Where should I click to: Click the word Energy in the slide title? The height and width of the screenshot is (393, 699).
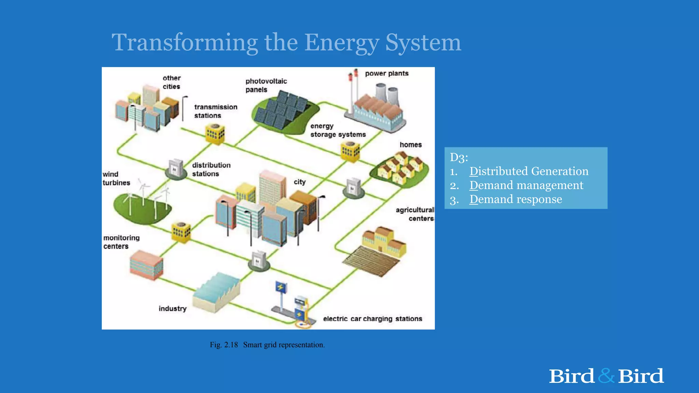coord(341,43)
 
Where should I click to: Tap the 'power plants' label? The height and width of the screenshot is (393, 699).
coord(386,73)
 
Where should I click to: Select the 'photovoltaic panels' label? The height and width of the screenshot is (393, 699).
coord(266,85)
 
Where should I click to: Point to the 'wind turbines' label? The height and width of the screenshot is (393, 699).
coord(116,178)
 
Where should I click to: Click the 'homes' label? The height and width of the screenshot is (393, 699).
coord(411,145)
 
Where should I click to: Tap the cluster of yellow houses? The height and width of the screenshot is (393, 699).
coord(401,168)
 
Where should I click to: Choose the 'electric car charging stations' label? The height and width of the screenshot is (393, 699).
coord(372,319)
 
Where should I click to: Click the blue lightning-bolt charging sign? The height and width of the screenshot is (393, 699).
coord(281,287)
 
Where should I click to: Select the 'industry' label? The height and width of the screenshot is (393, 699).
coord(172,308)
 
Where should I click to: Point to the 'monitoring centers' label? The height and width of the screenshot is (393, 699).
coord(121,242)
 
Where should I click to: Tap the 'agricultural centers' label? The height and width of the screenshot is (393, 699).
coord(415,214)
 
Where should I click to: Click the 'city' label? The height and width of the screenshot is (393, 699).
coord(299,182)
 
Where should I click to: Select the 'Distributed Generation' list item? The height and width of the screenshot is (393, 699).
coord(529,171)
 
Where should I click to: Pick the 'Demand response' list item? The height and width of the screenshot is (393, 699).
coord(515,199)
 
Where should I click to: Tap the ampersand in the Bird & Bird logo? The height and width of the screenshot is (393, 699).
coord(606,376)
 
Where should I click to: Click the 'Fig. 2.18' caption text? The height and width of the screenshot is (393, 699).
coord(224,345)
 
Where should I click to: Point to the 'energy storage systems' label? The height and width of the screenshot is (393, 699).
coord(338,130)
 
